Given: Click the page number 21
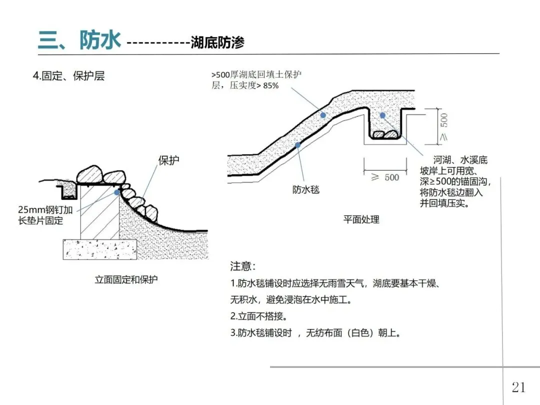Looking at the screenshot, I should click(x=518, y=386).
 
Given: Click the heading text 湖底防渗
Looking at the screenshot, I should click(x=217, y=43).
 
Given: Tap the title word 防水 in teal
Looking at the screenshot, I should click(x=100, y=40).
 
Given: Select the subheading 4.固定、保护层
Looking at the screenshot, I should click(x=68, y=76).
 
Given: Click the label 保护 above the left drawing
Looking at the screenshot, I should click(x=168, y=160).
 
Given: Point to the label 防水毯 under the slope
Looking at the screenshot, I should click(x=305, y=189).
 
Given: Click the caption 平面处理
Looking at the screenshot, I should click(x=361, y=219).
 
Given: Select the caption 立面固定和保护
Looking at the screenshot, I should click(x=126, y=279).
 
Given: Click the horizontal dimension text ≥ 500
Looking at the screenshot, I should click(x=385, y=177).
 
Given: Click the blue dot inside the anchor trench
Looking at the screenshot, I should click(x=382, y=115).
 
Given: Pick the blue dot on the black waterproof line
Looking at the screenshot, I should click(x=297, y=145).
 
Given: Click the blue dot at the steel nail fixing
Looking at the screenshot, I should click(x=117, y=192).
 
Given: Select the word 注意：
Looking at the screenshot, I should click(x=243, y=266).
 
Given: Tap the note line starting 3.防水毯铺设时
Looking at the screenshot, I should click(x=315, y=333).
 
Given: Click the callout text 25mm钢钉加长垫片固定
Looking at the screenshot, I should click(x=45, y=215).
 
